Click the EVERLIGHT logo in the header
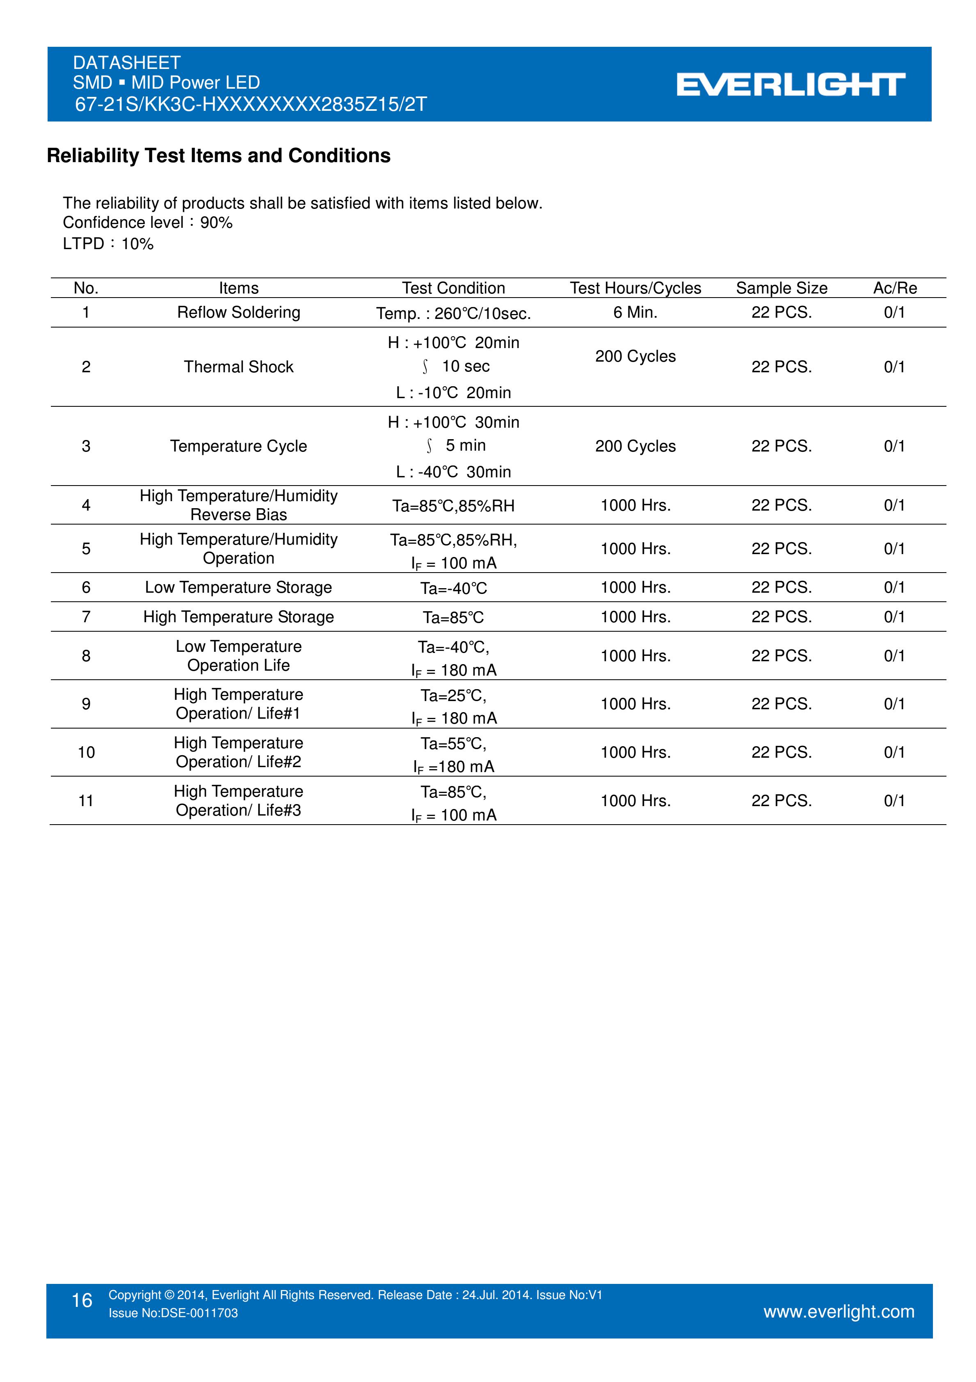(x=790, y=85)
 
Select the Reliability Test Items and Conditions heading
(x=218, y=156)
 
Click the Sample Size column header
(x=781, y=288)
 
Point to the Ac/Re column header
(x=895, y=288)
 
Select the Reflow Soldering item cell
(x=238, y=312)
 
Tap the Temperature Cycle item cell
(x=238, y=446)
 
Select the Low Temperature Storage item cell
(x=238, y=587)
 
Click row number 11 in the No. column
(x=86, y=800)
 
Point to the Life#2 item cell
(x=238, y=752)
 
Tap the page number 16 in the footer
(x=82, y=1301)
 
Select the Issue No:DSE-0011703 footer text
(x=173, y=1313)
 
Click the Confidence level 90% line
(x=147, y=223)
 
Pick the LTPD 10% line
(x=108, y=244)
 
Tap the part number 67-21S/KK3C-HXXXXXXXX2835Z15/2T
(x=250, y=105)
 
